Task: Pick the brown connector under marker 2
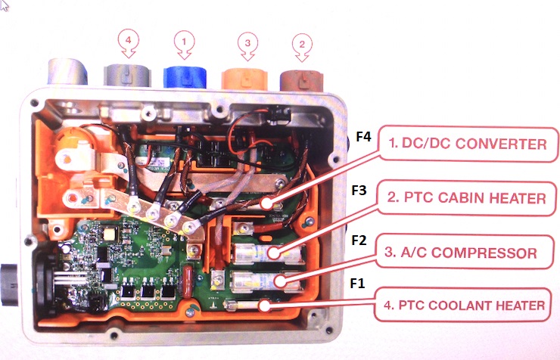(x=302, y=79)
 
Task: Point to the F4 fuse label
(x=364, y=137)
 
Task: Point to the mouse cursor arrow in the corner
(x=5, y=5)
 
